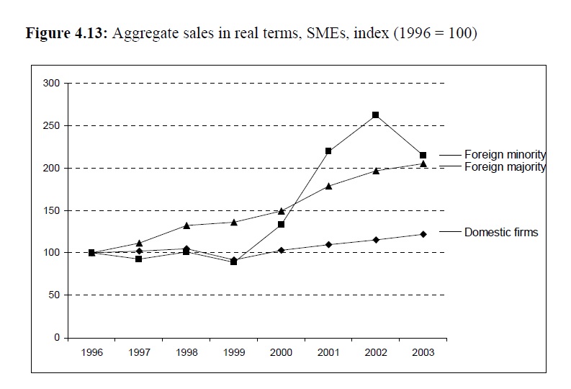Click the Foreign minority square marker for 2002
click(375, 115)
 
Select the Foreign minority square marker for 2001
click(328, 151)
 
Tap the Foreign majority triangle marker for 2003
click(423, 164)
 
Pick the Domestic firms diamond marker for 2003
click(423, 234)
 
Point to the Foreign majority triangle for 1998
click(186, 225)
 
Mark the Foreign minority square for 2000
click(281, 225)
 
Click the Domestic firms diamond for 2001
click(328, 244)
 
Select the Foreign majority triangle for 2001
click(328, 186)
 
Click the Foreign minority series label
click(505, 154)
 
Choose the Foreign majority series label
click(505, 166)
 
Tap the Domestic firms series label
click(501, 232)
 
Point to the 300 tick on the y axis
click(51, 84)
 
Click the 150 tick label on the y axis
click(51, 210)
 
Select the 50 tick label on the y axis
click(54, 295)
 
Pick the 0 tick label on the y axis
click(57, 338)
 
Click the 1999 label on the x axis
click(234, 352)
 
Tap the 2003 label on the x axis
click(423, 352)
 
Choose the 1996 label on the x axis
click(92, 352)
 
